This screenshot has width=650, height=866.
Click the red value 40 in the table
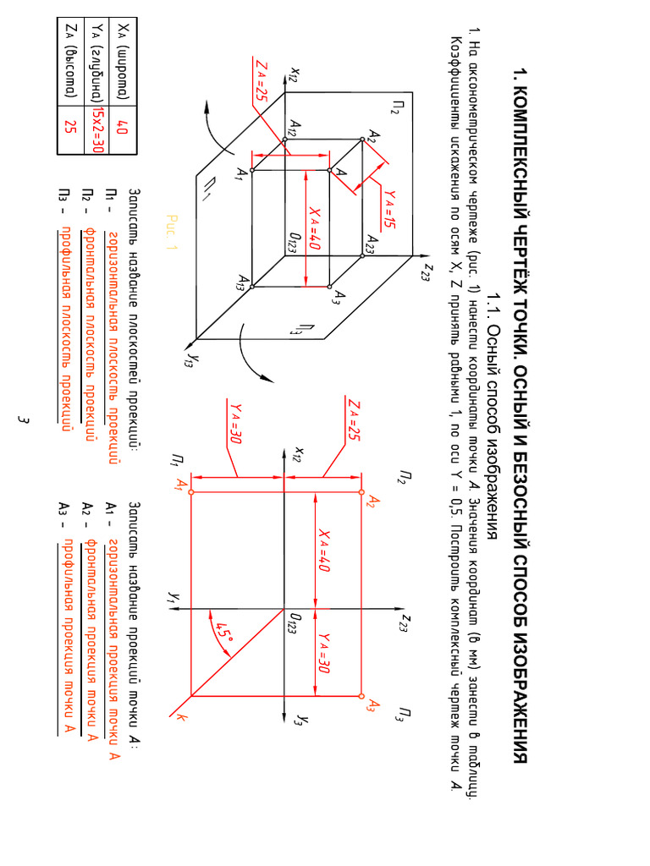[121, 128]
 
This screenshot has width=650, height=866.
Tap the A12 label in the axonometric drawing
[294, 128]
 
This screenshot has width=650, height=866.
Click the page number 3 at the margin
[25, 419]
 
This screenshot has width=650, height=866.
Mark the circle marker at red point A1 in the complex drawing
[193, 491]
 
